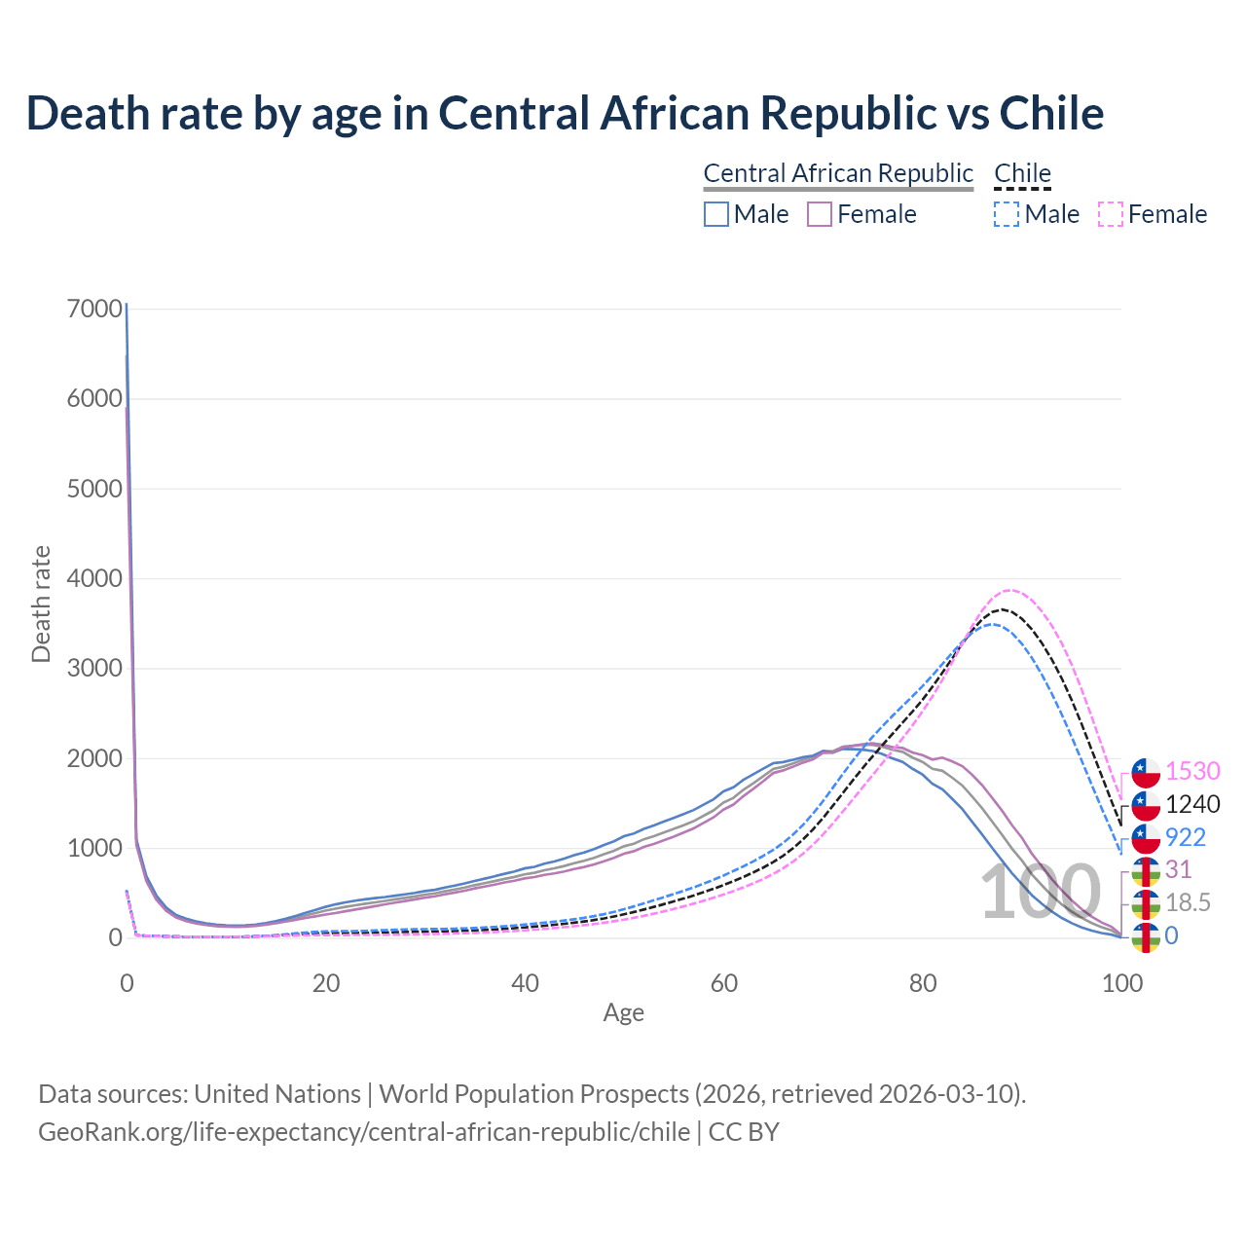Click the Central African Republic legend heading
point(838,173)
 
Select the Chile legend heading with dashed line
point(1022,173)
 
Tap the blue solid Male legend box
point(716,214)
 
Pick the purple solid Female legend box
point(820,214)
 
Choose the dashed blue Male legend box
point(1008,214)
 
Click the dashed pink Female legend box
point(1111,214)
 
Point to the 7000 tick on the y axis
point(95,309)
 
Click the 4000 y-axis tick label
point(95,578)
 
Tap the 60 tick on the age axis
point(724,983)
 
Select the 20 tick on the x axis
point(326,983)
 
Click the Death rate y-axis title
point(41,605)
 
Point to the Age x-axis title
point(624,1013)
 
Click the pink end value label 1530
point(1192,771)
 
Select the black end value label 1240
point(1192,804)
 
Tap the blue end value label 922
point(1186,837)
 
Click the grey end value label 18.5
point(1188,902)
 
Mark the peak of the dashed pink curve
point(1010,590)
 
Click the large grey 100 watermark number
point(1040,893)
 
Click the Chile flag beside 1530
point(1146,772)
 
